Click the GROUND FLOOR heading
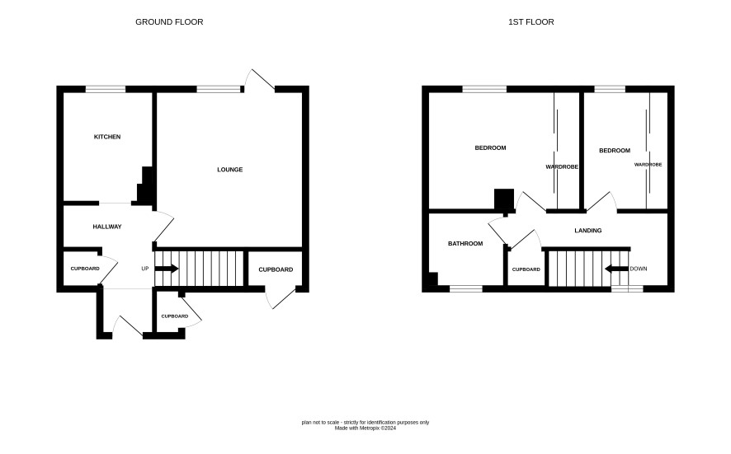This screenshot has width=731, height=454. point(169,22)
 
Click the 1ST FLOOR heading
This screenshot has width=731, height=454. point(531,22)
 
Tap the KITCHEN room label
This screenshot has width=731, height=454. point(107,137)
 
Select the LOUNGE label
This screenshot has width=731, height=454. point(230,170)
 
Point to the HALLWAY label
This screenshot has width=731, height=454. point(107,227)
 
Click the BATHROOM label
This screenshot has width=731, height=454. point(465,244)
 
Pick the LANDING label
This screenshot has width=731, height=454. point(588,231)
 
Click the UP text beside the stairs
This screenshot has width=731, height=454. point(145,269)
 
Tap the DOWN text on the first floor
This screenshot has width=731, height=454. point(639,269)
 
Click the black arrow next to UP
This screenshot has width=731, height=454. point(167,269)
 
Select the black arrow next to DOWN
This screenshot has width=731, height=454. point(616,269)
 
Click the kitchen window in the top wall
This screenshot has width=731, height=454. point(106,89)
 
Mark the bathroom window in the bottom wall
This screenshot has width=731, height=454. point(465,289)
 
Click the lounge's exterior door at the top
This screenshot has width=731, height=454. point(260,79)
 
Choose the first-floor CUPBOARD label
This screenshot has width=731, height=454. point(526,269)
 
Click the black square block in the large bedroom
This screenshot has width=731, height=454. point(504,199)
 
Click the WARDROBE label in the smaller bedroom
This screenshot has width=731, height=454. point(648,165)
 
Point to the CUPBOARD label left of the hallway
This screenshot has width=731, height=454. point(85,269)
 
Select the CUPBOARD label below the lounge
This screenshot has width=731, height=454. point(276,269)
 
